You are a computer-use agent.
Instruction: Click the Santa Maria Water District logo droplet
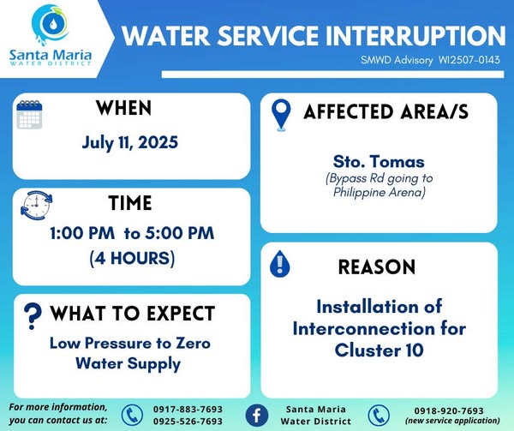click(51, 24)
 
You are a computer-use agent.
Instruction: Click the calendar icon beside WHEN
click(29, 115)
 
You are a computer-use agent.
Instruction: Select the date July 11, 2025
click(130, 142)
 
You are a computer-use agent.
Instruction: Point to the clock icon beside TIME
click(36, 205)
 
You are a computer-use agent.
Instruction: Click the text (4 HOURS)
click(132, 258)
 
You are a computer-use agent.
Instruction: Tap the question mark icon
click(33, 315)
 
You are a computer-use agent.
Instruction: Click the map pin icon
click(281, 115)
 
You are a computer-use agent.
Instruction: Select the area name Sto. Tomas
click(379, 162)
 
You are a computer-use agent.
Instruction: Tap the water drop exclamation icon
click(279, 264)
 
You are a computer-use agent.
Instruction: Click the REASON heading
click(377, 267)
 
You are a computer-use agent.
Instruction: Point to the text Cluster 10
click(379, 350)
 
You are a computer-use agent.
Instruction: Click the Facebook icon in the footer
click(257, 416)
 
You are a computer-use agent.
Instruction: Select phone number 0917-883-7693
click(188, 410)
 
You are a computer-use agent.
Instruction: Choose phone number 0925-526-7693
click(188, 422)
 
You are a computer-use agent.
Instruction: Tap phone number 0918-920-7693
click(449, 410)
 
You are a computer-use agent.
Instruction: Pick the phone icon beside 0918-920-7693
click(379, 416)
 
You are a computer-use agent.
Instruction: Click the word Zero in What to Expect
click(193, 343)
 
